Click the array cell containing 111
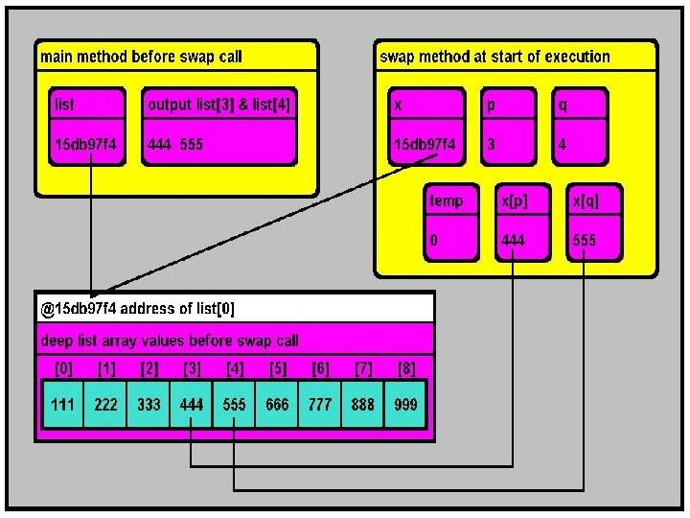(x=62, y=405)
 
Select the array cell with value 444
(x=192, y=405)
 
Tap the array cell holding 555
(x=235, y=405)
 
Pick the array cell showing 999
(x=405, y=405)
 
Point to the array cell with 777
(x=320, y=405)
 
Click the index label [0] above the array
(x=62, y=368)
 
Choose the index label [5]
(x=278, y=368)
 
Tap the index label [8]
(x=406, y=368)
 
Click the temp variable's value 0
(x=433, y=240)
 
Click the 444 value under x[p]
(x=513, y=240)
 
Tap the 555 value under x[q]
(x=585, y=240)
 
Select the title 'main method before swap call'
(x=141, y=57)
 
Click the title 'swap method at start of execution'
(x=494, y=57)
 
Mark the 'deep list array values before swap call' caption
(x=170, y=341)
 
